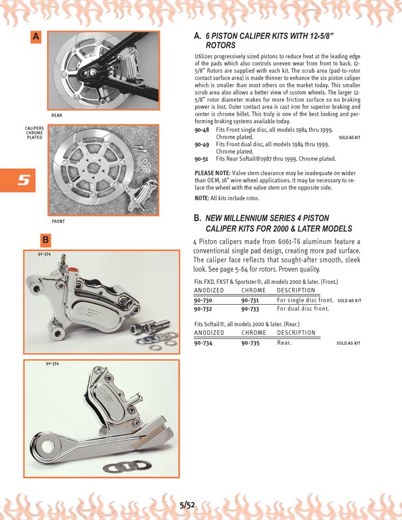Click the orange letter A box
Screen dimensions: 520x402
coord(36,36)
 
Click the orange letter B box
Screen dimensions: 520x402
coord(46,239)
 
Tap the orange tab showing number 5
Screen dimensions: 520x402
coord(18,180)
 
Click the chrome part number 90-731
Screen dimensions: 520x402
coord(250,300)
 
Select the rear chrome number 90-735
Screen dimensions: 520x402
coord(250,343)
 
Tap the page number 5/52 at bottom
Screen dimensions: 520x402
coord(188,504)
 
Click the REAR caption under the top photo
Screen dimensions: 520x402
coord(57,115)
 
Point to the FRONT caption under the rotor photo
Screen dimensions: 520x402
coord(58,221)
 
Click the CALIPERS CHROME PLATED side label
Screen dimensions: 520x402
coord(34,133)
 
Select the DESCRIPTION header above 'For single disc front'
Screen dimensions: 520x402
coord(296,290)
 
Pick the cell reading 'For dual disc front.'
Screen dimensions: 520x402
coord(303,308)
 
